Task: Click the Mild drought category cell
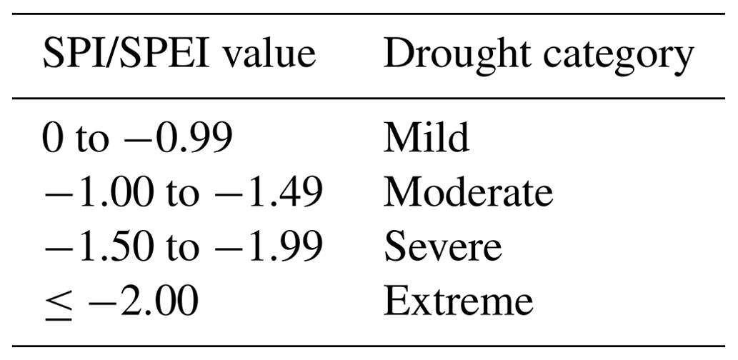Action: [427, 139]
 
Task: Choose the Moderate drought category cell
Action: [468, 193]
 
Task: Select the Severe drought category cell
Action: [442, 247]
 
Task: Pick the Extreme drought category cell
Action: [458, 301]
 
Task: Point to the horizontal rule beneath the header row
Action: [369, 99]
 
